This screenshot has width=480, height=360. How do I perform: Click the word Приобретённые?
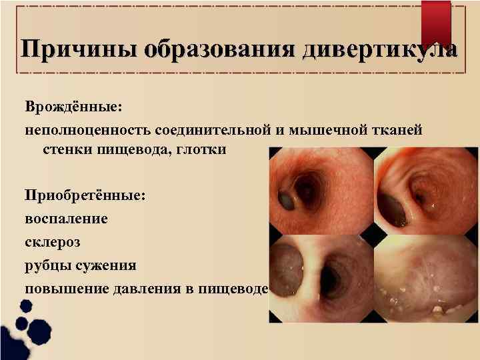[x=83, y=196]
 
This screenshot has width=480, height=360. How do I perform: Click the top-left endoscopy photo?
[x=321, y=191]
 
